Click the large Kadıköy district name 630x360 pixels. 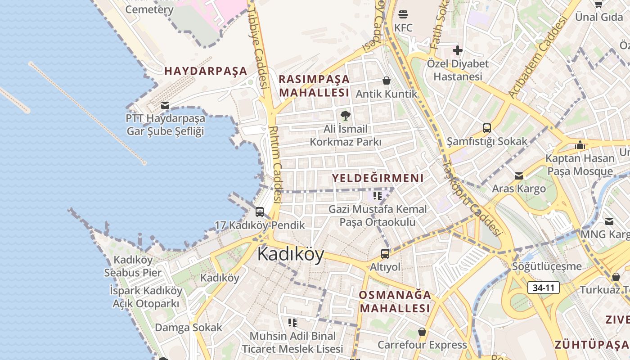(x=291, y=255)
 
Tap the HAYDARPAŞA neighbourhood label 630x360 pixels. (x=206, y=71)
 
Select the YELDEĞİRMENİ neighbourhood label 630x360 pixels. (x=378, y=178)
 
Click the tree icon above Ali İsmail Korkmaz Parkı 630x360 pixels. (x=345, y=116)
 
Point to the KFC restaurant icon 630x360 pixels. (x=403, y=14)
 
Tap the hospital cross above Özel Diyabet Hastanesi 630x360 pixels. (x=458, y=50)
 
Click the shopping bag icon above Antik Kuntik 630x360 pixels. (x=386, y=81)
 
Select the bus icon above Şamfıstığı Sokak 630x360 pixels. (x=486, y=128)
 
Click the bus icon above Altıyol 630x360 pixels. (x=385, y=254)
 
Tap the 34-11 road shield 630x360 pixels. (x=544, y=288)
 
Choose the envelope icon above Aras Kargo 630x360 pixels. (x=519, y=175)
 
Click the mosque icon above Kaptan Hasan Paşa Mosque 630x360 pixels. (x=580, y=145)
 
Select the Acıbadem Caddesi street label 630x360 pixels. (x=537, y=58)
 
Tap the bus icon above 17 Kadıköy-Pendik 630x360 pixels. (x=260, y=212)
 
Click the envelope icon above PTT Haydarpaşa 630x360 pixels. (x=165, y=106)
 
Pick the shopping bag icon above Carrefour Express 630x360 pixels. (x=422, y=332)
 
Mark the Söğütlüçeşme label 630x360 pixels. (x=547, y=266)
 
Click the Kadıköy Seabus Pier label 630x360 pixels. (x=133, y=266)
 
